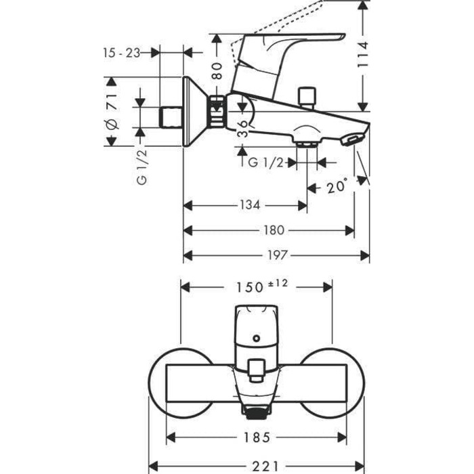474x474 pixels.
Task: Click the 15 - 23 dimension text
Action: pyautogui.click(x=123, y=53)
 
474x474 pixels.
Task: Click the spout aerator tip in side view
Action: pyautogui.click(x=352, y=139)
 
